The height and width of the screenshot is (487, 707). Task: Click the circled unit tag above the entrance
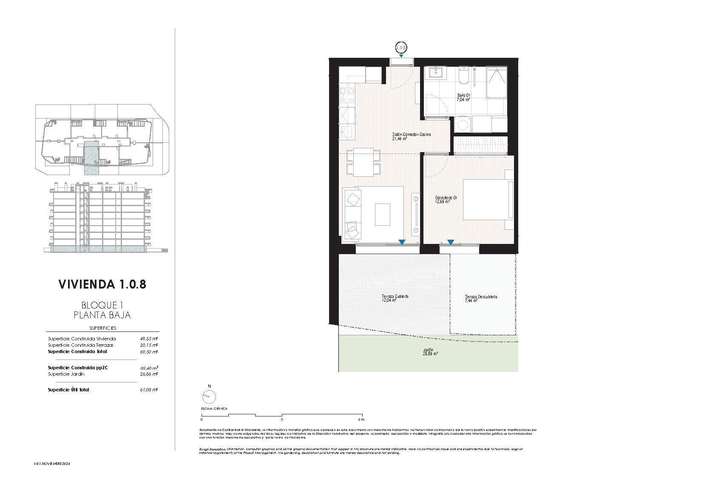(x=401, y=48)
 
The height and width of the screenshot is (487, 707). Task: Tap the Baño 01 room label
(x=463, y=97)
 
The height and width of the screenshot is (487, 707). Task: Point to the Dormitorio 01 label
(x=446, y=200)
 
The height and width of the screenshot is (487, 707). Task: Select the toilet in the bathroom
(x=463, y=75)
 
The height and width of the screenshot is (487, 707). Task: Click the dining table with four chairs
(x=361, y=162)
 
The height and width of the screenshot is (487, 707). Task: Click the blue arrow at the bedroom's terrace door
(x=451, y=243)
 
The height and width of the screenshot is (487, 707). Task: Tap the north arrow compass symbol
(x=209, y=397)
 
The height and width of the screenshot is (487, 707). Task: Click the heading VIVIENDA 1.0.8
(x=102, y=284)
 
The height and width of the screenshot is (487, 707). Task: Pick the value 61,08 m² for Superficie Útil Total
(x=149, y=390)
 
